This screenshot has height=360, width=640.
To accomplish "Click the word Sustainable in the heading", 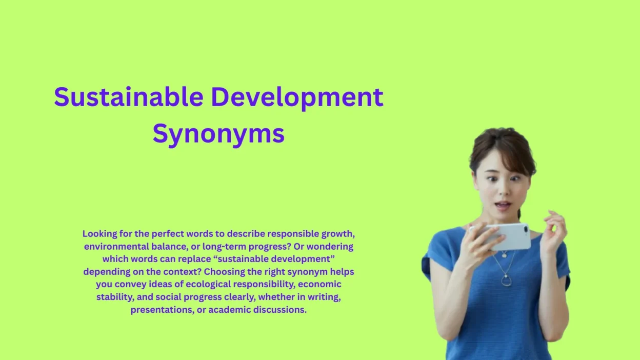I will (128, 97).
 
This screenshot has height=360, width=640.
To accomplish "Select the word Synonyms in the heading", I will (218, 134).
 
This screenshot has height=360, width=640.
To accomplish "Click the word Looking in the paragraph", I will (99, 234).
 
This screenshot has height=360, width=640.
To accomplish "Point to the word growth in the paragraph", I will (338, 234).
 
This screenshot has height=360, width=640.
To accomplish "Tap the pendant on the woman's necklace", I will (506, 280).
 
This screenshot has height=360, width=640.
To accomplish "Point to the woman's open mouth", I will (503, 206).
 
